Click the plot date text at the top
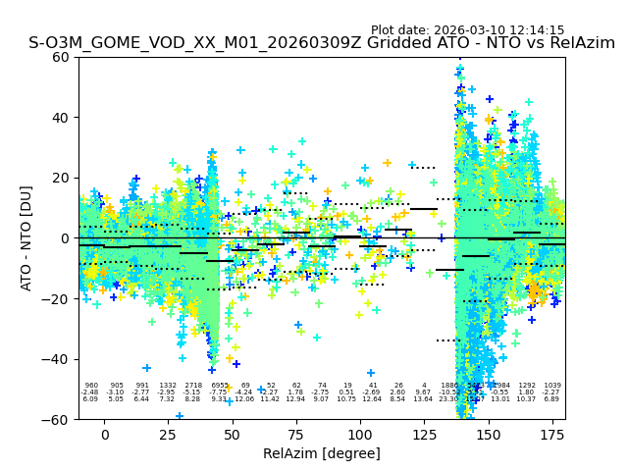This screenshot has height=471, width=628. coord(467,30)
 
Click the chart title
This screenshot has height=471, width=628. coord(322,43)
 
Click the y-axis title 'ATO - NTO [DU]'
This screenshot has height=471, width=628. coord(26,237)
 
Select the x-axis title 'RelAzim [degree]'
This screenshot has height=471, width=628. coord(322,453)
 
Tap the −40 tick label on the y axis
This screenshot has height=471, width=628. coord(59,359)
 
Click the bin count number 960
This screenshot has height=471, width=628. coord(91,386)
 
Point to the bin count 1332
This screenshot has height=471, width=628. coord(168,386)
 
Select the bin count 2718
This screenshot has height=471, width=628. coord(193,386)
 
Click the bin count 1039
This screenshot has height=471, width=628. coord(552,386)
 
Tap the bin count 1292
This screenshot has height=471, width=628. coord(527,386)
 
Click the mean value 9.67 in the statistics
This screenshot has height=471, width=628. coord(424,392)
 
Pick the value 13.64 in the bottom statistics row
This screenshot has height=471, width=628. coord(424,399)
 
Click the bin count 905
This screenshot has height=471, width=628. coord(117,386)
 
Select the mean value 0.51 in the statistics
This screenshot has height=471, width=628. coord(347,392)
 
